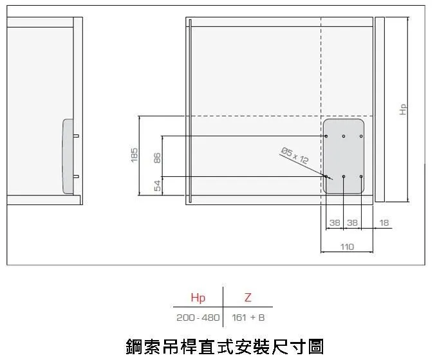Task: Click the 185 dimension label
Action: click(134, 155)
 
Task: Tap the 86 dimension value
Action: click(157, 158)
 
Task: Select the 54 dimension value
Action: click(158, 186)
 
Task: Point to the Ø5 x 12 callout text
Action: click(295, 156)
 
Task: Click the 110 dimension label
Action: click(347, 247)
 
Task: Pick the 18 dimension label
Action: click(384, 222)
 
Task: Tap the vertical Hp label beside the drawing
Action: click(403, 109)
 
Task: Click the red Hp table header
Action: click(198, 298)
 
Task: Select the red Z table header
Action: click(248, 298)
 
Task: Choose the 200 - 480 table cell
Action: click(198, 318)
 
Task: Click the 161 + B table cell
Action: click(248, 318)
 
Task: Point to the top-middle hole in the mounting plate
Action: click(344, 136)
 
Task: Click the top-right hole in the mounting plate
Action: click(361, 136)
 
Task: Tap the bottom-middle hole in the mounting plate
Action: click(344, 177)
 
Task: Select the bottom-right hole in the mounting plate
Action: click(361, 177)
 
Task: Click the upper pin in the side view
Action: click(76, 136)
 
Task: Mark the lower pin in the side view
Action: click(76, 177)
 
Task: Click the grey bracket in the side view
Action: click(68, 156)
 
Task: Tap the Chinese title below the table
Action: click(225, 346)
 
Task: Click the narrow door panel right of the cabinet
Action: click(380, 109)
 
